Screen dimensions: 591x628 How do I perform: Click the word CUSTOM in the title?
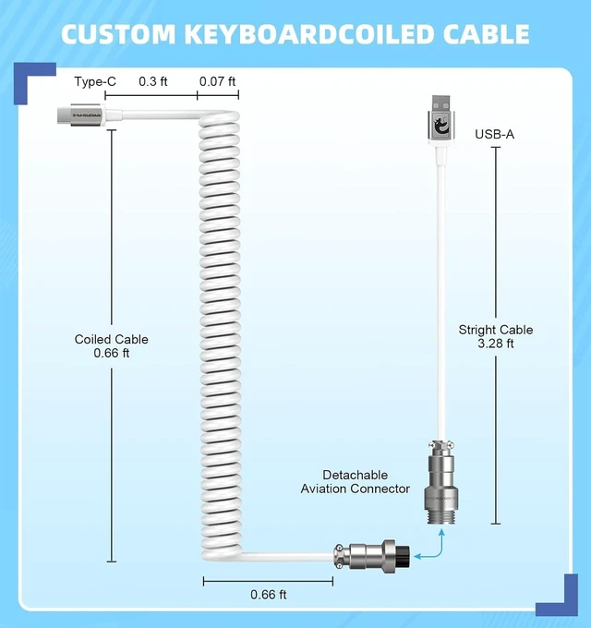[x=118, y=34]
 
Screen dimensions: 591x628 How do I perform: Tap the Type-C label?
[x=95, y=81]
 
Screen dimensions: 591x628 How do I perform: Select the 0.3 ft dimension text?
[x=153, y=81]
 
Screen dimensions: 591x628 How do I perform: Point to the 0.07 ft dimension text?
[x=217, y=81]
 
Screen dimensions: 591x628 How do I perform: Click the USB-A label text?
[x=495, y=134]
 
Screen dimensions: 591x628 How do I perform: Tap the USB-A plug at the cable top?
[x=440, y=120]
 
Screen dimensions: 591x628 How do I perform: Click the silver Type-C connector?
[x=81, y=115]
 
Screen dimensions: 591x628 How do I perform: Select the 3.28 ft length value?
[x=496, y=344]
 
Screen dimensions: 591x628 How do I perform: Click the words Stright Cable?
[x=496, y=330]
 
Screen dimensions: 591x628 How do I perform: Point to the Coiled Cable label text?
[x=112, y=340]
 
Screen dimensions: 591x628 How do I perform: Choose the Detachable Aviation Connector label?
[x=356, y=482]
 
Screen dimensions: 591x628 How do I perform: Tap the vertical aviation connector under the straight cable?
[x=440, y=482]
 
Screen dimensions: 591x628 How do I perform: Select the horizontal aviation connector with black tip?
[x=371, y=556]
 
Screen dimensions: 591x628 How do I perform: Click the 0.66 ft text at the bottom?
[x=269, y=595]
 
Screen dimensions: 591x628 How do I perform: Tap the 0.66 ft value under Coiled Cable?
[x=112, y=353]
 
